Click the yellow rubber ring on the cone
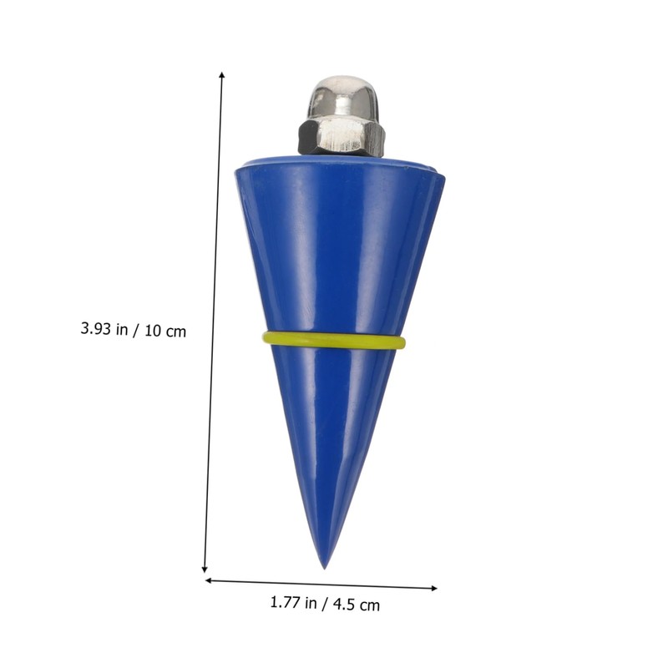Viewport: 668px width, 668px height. click(334, 341)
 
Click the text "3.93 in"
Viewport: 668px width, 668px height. click(104, 330)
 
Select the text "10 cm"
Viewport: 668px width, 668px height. click(165, 331)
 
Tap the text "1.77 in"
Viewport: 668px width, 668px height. click(294, 603)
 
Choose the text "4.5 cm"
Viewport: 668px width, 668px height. click(353, 604)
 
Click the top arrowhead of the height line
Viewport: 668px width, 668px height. click(222, 75)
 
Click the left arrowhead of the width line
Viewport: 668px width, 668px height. click(209, 579)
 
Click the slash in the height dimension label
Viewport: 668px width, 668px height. click(136, 330)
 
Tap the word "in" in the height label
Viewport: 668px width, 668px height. click(122, 330)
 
